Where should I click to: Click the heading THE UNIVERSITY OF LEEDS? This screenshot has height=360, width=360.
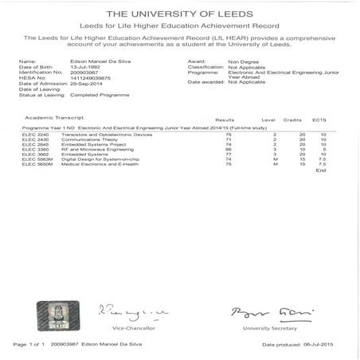pos(179,14)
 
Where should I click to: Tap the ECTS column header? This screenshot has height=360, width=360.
pos(319,118)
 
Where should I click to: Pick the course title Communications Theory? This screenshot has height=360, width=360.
pos(85,139)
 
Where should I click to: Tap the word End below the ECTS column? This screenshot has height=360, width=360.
pos(320,170)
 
